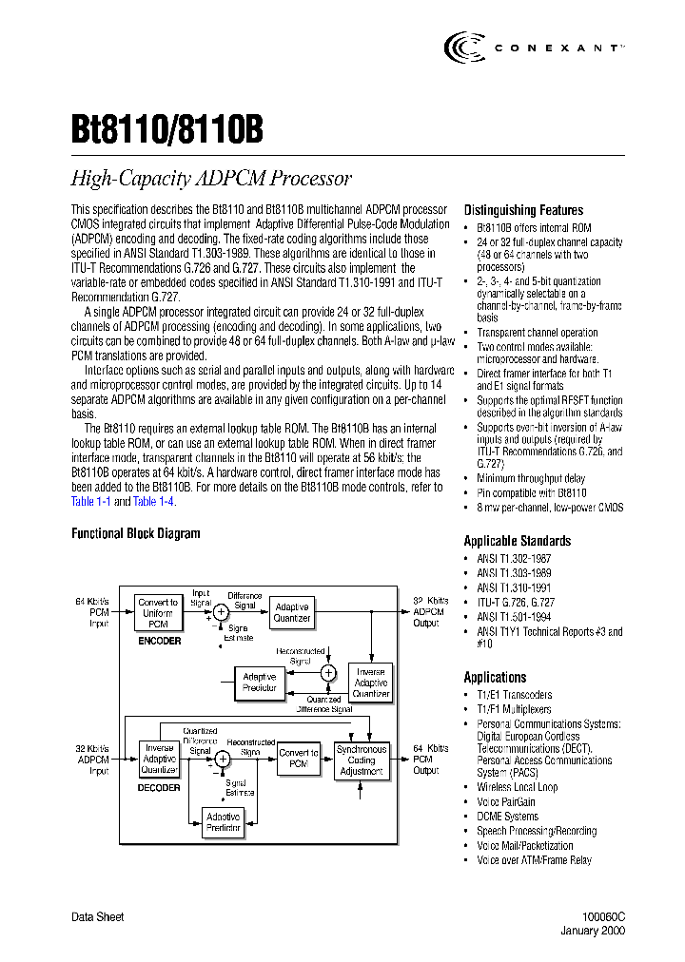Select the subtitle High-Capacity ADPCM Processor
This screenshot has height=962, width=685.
click(x=211, y=178)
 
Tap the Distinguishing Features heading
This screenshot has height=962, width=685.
click(x=523, y=210)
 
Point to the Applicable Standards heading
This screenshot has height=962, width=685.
click(x=517, y=541)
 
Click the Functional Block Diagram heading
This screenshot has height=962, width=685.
click(x=135, y=533)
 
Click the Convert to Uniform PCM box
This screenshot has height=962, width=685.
click(x=158, y=613)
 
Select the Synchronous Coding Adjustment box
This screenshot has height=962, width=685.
click(x=362, y=760)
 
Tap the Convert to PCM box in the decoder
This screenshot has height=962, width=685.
click(x=299, y=759)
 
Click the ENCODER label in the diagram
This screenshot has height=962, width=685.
click(x=158, y=641)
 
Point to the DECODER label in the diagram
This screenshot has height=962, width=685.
click(x=159, y=787)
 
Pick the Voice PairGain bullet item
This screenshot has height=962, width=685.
click(x=505, y=801)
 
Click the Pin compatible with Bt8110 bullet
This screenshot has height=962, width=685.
click(x=531, y=493)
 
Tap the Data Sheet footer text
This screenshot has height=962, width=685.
click(x=98, y=917)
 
